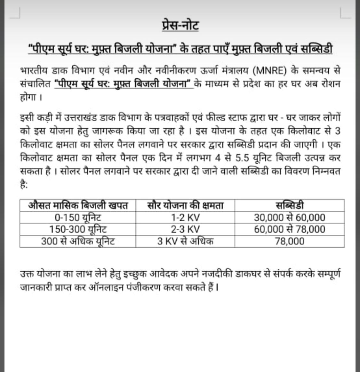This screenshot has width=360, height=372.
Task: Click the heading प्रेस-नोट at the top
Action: coord(180,25)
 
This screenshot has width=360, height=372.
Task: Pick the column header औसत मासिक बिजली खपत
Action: coord(78,205)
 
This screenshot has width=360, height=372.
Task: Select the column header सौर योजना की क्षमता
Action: coord(185,205)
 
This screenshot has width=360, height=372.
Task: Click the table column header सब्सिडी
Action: coord(290,205)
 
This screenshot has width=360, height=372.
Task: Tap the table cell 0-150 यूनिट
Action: coord(78,218)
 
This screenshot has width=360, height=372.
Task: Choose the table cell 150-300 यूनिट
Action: coord(78,229)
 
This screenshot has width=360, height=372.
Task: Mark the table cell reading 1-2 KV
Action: coord(185,218)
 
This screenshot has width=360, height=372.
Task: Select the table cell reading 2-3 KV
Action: coord(185,229)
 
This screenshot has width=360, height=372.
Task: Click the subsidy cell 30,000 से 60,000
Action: coord(290,218)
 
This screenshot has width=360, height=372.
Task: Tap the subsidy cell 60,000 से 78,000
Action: coord(290,229)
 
